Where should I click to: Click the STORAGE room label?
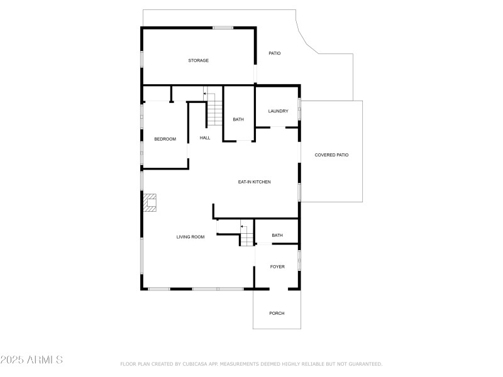pos(198,60)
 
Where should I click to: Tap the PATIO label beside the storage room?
pos(275,53)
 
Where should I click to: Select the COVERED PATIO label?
pos(331,155)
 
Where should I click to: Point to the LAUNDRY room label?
pos(278,111)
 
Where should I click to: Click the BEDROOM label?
pos(165,139)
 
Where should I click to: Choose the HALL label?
pos(205,138)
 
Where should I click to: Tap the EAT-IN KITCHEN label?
pos(254,182)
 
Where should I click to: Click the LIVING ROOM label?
pos(190,237)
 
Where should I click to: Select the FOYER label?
pos(277,266)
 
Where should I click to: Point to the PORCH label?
pos(277,313)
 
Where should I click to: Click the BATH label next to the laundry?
pos(238,119)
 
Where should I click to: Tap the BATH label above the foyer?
pos(277,236)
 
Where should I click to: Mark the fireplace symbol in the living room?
pos(150,202)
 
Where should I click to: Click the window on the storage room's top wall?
pos(223,28)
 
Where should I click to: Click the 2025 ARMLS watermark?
pos(31,360)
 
